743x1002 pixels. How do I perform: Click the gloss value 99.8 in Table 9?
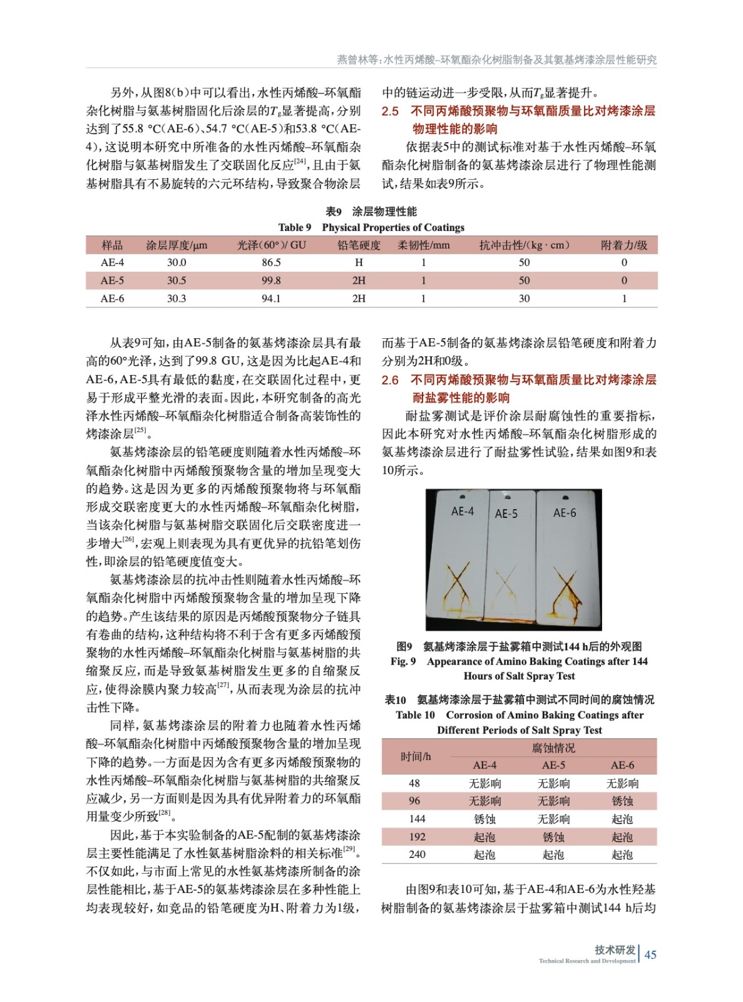point(271,281)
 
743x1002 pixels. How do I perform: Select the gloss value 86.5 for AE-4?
point(271,262)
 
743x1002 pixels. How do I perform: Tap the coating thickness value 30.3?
point(177,299)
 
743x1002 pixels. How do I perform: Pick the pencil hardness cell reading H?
point(359,262)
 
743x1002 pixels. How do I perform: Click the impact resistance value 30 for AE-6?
point(524,299)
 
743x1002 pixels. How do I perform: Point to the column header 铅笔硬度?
point(359,245)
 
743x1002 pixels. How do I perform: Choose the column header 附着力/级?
point(623,245)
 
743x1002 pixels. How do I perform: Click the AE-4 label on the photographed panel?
point(463,512)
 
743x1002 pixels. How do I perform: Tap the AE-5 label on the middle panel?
point(506,514)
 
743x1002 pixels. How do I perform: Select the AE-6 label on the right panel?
point(564,513)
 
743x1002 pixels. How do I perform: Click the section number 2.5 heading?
point(390,111)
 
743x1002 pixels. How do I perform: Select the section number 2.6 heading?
point(390,380)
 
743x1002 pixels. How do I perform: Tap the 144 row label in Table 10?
point(417,819)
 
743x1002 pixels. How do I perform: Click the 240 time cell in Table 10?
point(417,855)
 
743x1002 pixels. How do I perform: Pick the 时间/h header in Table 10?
point(416,757)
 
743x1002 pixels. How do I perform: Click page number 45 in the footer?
point(650,954)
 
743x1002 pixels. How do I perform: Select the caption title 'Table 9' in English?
point(294,227)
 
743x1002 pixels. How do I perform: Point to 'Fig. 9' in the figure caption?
point(402,661)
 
